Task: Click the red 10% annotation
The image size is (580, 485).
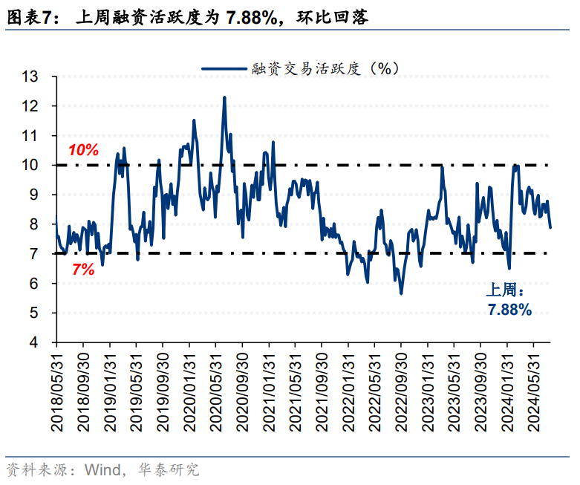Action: point(83,150)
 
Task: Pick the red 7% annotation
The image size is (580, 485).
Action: point(83,270)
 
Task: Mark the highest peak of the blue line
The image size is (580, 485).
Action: point(224,97)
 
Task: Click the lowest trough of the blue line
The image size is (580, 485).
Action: point(401,293)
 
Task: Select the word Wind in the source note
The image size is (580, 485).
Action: point(101,470)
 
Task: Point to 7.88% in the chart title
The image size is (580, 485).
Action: point(247,17)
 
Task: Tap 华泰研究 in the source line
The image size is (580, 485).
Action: point(174,470)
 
